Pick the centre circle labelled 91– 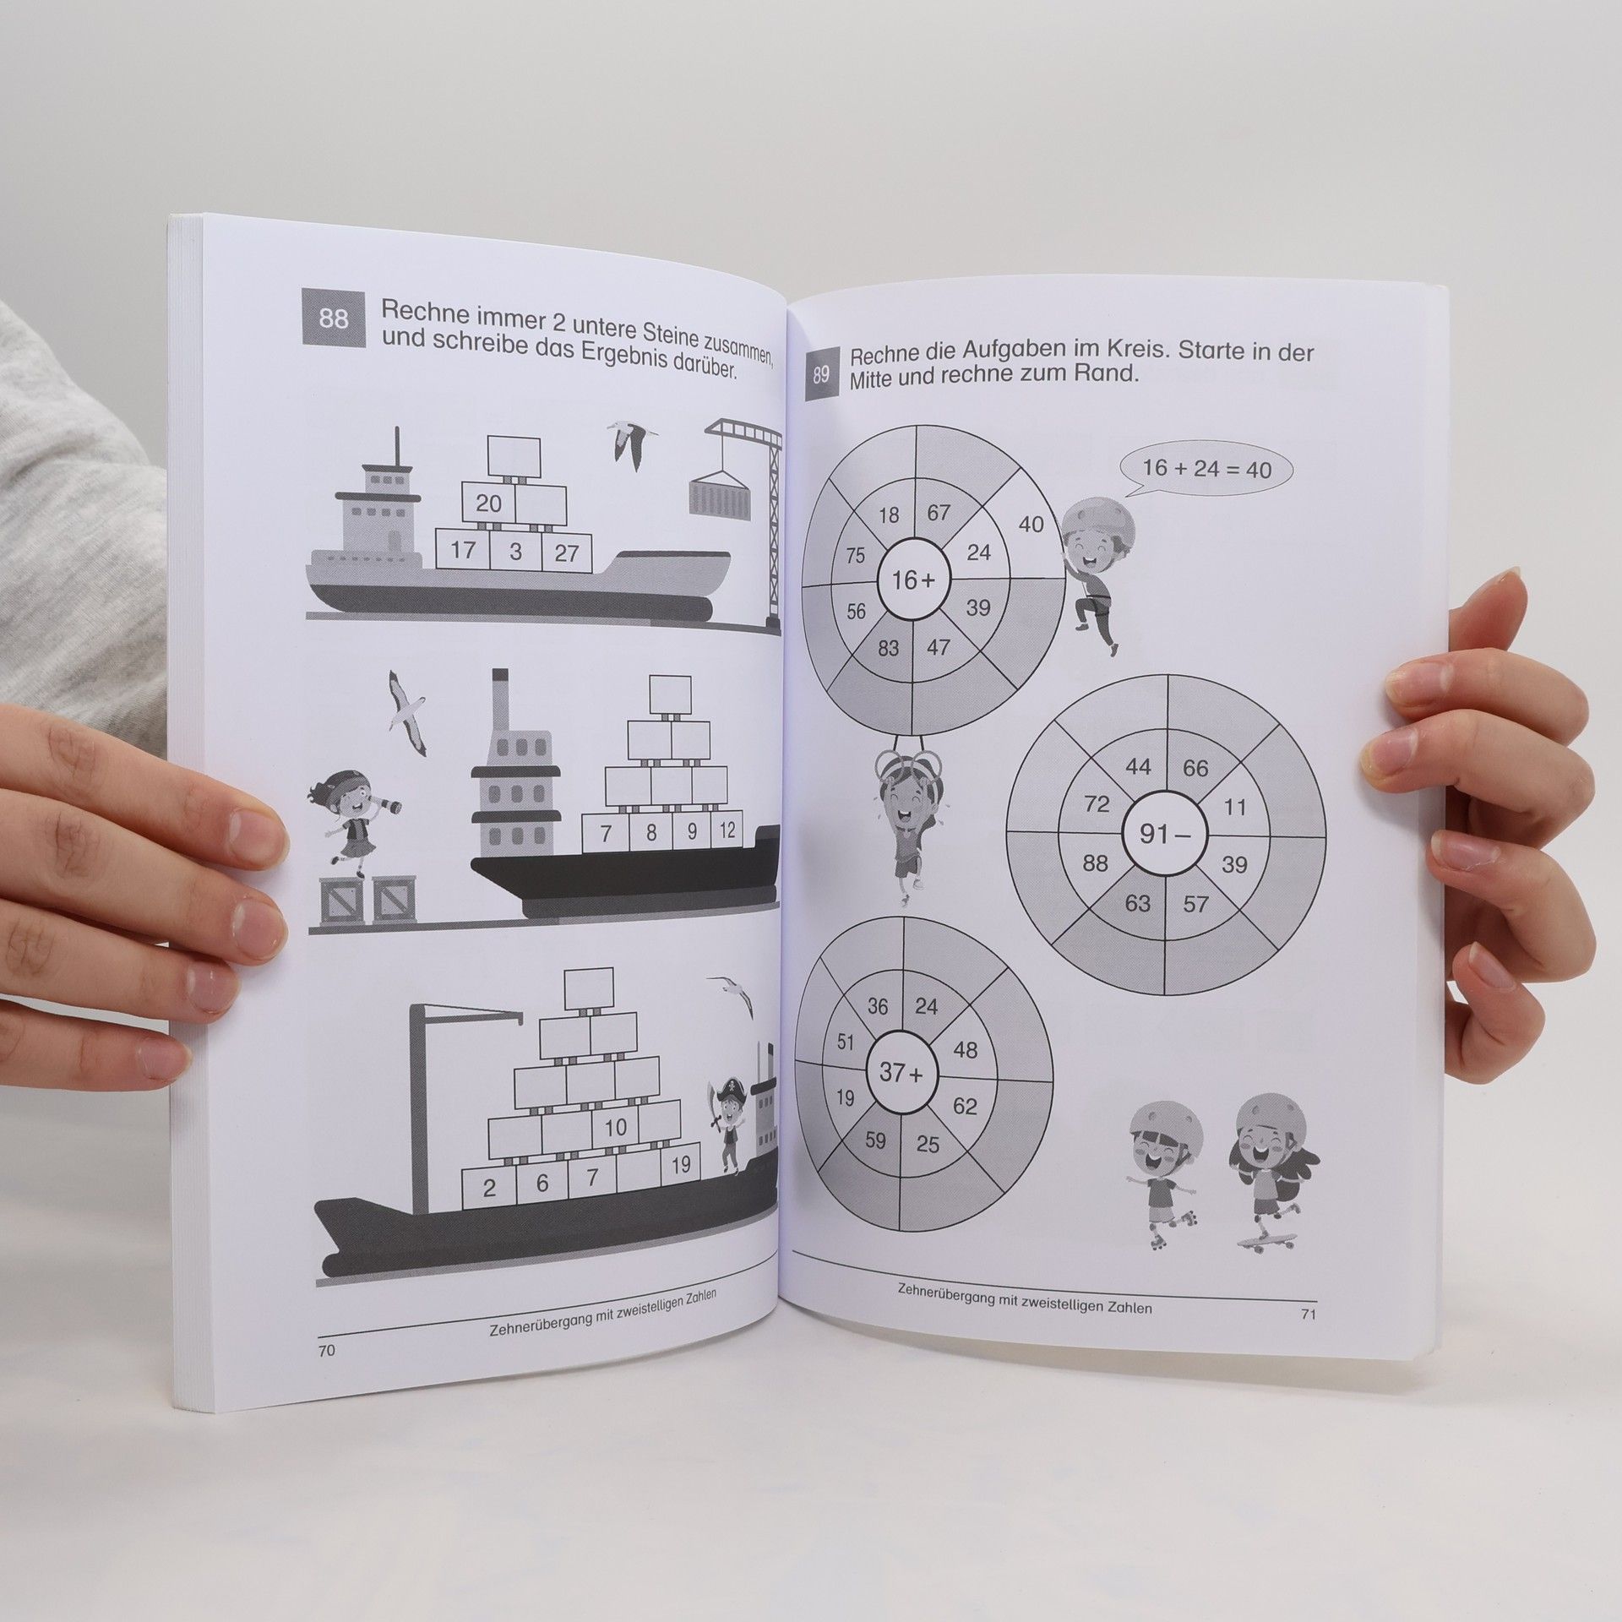pos(1165,835)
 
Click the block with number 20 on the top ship pos(489,504)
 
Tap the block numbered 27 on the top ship pos(567,552)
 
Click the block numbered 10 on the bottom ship pos(615,1127)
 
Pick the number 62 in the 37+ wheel pos(965,1106)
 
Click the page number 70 pos(326,1351)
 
